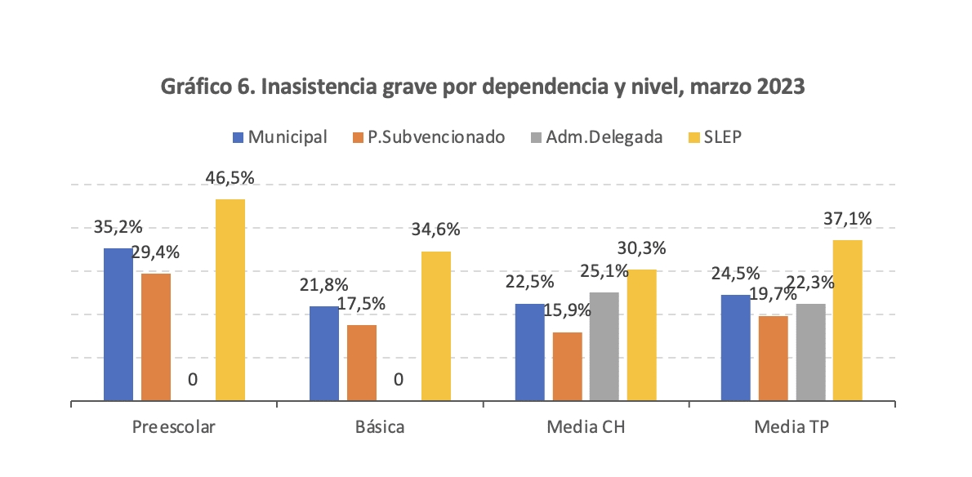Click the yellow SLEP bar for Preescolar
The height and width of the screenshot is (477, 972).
tap(230, 300)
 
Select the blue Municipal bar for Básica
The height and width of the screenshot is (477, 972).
tap(324, 354)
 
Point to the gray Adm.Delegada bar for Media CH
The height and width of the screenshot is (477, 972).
tap(604, 346)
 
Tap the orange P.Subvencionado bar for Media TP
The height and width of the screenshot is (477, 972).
tap(773, 358)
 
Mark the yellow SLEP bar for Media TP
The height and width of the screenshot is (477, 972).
tap(848, 320)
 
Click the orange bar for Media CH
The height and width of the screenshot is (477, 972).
tap(568, 366)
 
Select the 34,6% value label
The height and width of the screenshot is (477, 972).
tap(436, 230)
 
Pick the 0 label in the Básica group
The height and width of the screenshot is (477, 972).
tap(399, 380)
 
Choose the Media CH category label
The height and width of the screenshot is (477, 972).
tap(586, 427)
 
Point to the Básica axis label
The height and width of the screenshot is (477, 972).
tap(380, 427)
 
